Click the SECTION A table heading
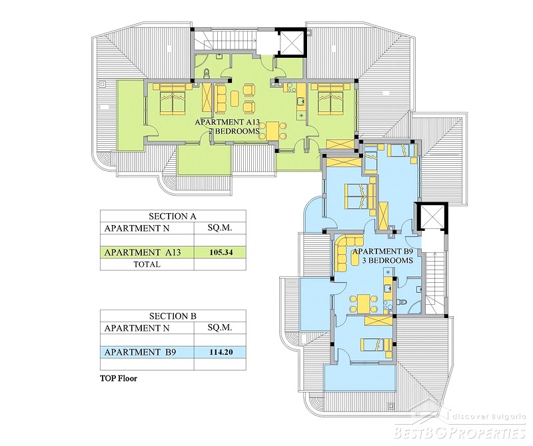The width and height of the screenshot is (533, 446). [173, 216]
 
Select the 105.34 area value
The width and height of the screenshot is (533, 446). [221, 252]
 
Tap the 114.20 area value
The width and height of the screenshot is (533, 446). [221, 352]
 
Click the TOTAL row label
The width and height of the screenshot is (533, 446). [147, 264]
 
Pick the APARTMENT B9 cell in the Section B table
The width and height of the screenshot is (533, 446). [140, 352]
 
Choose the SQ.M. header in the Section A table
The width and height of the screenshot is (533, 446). [220, 228]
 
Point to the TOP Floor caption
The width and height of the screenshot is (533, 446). [119, 378]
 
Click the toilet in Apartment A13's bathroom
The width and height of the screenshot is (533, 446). [207, 73]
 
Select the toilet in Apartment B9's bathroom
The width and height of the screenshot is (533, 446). [402, 302]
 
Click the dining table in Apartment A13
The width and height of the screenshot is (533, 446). [272, 131]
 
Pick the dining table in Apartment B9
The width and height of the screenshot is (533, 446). [364, 304]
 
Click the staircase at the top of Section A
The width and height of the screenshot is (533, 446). [225, 39]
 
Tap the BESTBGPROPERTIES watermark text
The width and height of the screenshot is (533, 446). [460, 433]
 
